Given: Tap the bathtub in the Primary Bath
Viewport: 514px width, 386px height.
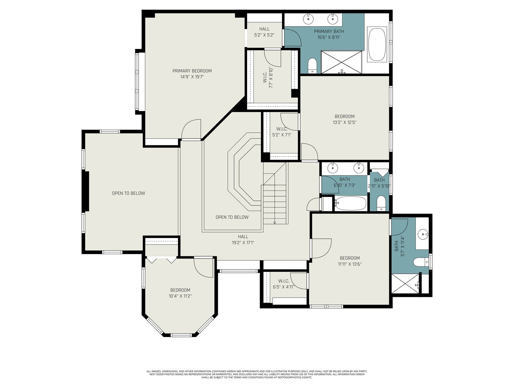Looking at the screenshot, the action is (x=377, y=44).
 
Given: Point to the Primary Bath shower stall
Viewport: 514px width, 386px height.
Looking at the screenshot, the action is (x=341, y=62).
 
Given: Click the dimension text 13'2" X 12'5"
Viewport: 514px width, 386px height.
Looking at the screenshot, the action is (x=344, y=122).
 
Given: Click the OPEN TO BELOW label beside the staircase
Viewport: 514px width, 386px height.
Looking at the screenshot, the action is (x=232, y=217).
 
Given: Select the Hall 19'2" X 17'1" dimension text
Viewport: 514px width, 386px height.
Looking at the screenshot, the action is (x=243, y=243).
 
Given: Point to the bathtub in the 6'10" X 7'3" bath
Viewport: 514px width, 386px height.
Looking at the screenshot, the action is (x=350, y=203).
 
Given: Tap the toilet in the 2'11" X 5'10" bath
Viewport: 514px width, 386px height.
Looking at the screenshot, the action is (x=381, y=203).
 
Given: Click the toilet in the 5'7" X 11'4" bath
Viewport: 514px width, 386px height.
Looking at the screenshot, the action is (x=421, y=262).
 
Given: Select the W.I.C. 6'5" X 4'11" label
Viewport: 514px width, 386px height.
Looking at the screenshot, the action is (x=284, y=284).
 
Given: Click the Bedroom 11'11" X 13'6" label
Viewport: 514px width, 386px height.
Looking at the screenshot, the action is (x=350, y=261).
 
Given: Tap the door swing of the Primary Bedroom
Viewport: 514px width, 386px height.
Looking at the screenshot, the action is (x=191, y=129).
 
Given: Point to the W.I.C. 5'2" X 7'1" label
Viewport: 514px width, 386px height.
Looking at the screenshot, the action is (x=282, y=132).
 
